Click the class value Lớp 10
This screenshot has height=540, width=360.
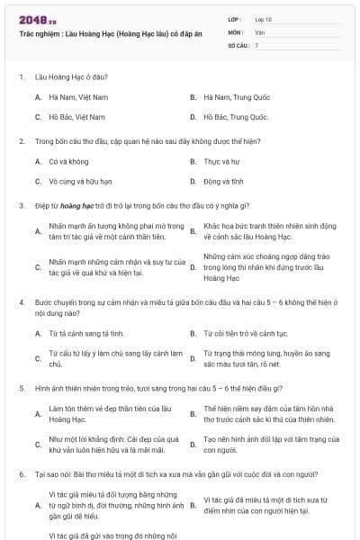click(263, 18)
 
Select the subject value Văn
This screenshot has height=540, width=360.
click(260, 31)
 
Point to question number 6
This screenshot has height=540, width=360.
click(21, 473)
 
